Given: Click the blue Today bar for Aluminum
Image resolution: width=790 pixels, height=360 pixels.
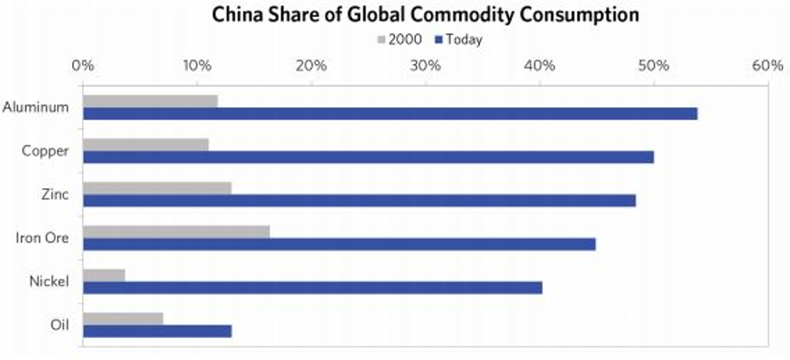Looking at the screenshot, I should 390,113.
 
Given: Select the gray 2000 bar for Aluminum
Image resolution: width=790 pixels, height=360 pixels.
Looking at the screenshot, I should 150,101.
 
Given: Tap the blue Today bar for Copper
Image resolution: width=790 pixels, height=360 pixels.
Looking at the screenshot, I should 368,157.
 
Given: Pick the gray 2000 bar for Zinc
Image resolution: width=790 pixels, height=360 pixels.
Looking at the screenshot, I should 157,188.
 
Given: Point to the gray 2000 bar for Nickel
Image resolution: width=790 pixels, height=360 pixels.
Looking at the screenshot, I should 103,275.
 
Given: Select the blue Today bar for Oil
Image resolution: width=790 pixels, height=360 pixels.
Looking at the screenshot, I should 157,331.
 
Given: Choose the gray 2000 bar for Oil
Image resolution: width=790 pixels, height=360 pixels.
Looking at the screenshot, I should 123,318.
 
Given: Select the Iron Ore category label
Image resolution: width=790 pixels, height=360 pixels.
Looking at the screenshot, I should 43,238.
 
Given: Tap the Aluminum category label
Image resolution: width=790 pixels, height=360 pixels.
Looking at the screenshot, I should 36,107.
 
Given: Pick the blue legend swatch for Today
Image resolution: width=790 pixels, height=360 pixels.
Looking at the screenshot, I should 437,39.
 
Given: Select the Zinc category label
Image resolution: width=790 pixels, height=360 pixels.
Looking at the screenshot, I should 55,194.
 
